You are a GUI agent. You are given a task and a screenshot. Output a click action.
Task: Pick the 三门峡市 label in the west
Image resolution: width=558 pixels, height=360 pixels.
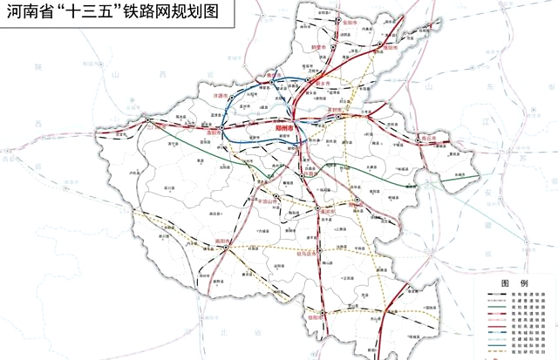pyautogui.click(x=160, y=126)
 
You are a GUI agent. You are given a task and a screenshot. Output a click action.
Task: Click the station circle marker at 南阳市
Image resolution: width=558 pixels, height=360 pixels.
pyautogui.click(x=226, y=247)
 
